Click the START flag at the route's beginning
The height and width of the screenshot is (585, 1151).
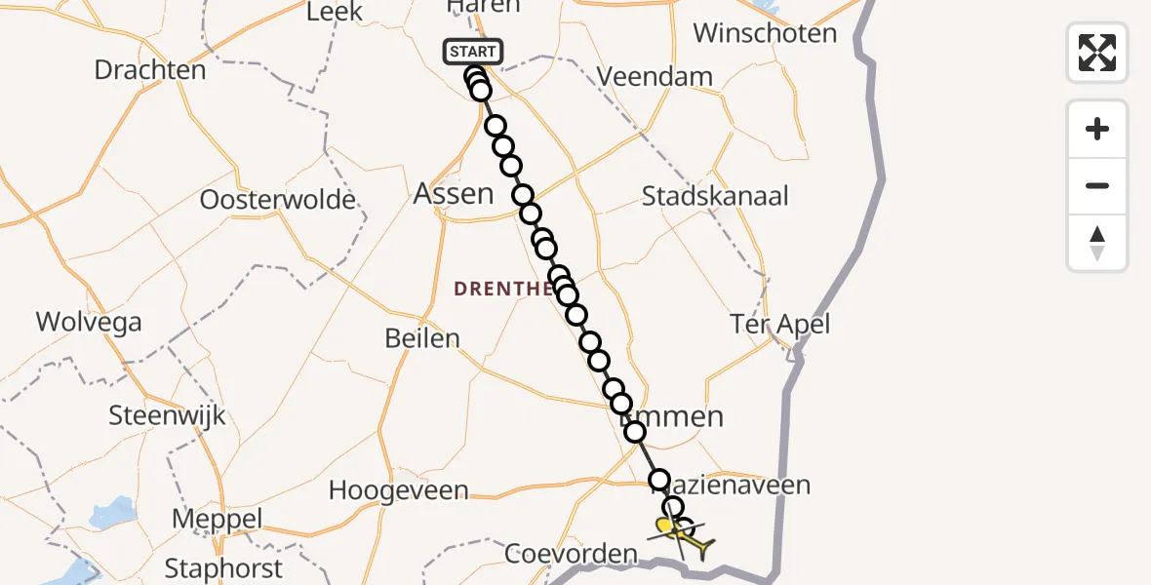point(473,52)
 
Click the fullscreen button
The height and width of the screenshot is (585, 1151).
point(1097,53)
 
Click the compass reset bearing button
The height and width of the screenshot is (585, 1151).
point(1097,243)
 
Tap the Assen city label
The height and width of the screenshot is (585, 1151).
point(454,193)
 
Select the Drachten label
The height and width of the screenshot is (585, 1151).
point(150,70)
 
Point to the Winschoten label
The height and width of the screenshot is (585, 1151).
point(765,33)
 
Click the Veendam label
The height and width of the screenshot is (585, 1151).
point(655,76)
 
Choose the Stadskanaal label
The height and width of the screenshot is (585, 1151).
point(715,196)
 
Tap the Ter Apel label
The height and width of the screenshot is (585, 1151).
point(781,324)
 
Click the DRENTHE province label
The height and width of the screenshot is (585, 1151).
point(503,288)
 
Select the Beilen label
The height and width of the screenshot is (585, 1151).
point(422,338)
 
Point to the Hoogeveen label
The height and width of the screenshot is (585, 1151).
point(398,489)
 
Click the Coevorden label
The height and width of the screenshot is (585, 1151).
point(571,555)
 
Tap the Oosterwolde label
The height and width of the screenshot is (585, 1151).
point(278,200)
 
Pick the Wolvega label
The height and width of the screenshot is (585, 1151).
point(89,322)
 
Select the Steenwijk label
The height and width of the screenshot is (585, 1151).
point(167,415)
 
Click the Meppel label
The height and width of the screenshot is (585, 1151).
point(218,520)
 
